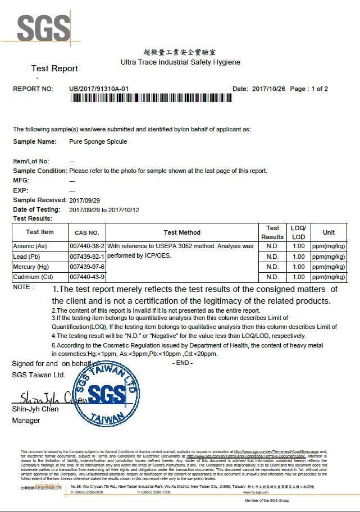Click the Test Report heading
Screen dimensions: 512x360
pos(54,68)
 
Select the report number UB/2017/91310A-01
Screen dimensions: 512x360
pos(99,89)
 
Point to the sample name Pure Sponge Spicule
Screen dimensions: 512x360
pos(98,141)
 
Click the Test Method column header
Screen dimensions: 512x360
pos(182,232)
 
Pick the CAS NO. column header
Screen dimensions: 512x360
pos(86,232)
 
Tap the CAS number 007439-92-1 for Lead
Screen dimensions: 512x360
pos(87,257)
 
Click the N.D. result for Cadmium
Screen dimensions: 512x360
pos(272,277)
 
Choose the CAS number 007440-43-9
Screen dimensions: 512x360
pos(87,277)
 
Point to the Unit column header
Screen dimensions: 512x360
pos(329,232)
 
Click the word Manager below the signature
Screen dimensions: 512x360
pos(26,420)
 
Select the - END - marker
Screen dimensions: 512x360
pos(183,363)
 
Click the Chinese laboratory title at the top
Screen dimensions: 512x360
pos(180,52)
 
